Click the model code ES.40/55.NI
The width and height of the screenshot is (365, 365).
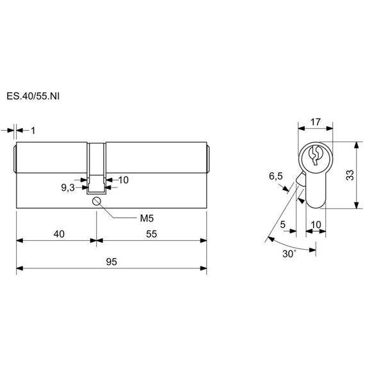pyautogui.click(x=33, y=96)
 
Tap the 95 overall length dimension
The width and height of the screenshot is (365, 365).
pyautogui.click(x=111, y=262)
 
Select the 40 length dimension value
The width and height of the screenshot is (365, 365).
pyautogui.click(x=59, y=234)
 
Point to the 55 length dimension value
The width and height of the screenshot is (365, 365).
pyautogui.click(x=152, y=234)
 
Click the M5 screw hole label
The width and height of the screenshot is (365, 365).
pyautogui.click(x=147, y=218)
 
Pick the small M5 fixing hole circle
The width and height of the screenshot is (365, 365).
pyautogui.click(x=96, y=201)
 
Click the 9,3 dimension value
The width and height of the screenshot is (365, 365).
pyautogui.click(x=68, y=188)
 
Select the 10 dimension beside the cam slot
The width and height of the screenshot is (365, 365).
pyautogui.click(x=124, y=180)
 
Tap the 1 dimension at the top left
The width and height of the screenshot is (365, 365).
pyautogui.click(x=33, y=131)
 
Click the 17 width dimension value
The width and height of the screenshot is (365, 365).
pyautogui.click(x=316, y=122)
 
